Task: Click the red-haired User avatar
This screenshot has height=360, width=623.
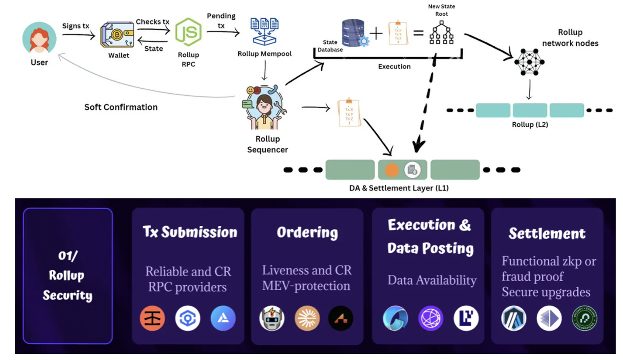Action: pyautogui.click(x=39, y=38)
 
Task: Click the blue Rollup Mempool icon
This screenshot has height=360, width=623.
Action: pyautogui.click(x=265, y=31)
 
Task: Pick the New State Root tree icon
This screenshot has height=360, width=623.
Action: pyautogui.click(x=440, y=33)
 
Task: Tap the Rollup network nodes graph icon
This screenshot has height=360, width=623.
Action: pyautogui.click(x=529, y=63)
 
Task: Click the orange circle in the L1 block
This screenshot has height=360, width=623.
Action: pyautogui.click(x=392, y=170)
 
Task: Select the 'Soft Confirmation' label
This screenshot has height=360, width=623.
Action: pyautogui.click(x=121, y=107)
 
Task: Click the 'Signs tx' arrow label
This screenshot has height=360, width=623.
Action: pyautogui.click(x=76, y=26)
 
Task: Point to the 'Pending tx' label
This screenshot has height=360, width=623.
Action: pyautogui.click(x=221, y=21)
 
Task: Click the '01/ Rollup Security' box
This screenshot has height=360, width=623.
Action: pyautogui.click(x=68, y=275)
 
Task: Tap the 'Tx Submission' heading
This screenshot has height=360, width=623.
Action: pyautogui.click(x=190, y=232)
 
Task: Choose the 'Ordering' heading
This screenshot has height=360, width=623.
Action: pyautogui.click(x=307, y=232)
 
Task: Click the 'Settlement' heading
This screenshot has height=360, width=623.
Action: pyautogui.click(x=547, y=234)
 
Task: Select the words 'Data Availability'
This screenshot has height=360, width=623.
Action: pyautogui.click(x=432, y=280)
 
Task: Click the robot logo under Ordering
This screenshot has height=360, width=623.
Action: pyautogui.click(x=272, y=319)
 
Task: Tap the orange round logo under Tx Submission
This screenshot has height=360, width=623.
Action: pyautogui.click(x=152, y=319)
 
